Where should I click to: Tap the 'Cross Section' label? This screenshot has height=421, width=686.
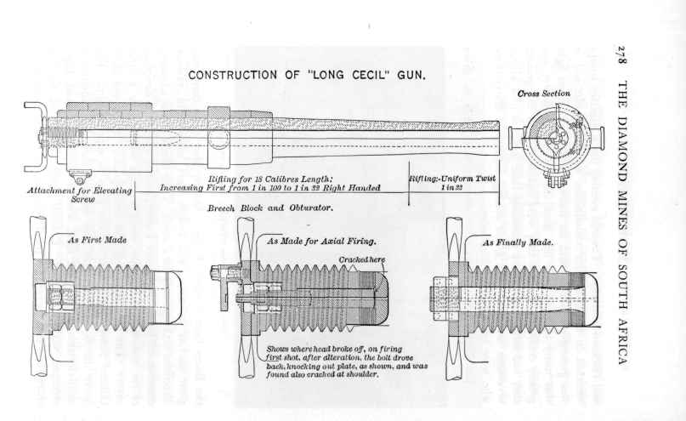click(544, 93)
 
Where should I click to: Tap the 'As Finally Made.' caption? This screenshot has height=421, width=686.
click(518, 242)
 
